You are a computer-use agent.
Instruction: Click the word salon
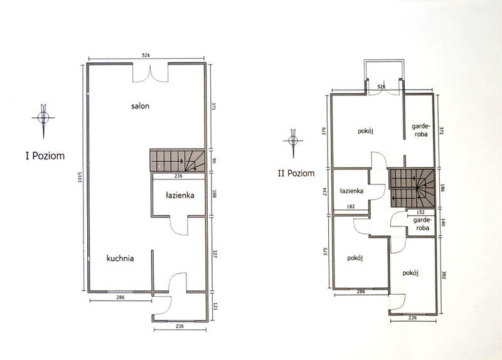tap(140, 106)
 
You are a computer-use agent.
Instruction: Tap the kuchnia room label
tap(120, 258)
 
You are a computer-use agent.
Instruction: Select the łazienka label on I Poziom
tap(180, 195)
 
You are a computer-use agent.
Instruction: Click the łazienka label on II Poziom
tap(351, 191)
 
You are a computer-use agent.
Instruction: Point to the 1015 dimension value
tap(80, 177)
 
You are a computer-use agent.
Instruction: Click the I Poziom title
tap(45, 156)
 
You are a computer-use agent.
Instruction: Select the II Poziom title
tap(296, 173)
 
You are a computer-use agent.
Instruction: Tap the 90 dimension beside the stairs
tap(214, 160)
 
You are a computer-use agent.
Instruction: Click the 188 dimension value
tap(214, 194)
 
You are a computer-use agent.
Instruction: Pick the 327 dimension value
tap(214, 255)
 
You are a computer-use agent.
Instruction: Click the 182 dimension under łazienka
tap(351, 206)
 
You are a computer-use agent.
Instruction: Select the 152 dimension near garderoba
tap(420, 212)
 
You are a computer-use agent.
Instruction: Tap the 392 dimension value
tap(444, 275)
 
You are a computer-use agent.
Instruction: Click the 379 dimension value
tap(324, 132)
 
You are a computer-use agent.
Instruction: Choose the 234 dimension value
tap(325, 192)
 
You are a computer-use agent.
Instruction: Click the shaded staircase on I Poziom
tap(178, 161)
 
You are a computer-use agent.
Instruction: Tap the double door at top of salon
tap(150, 74)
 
